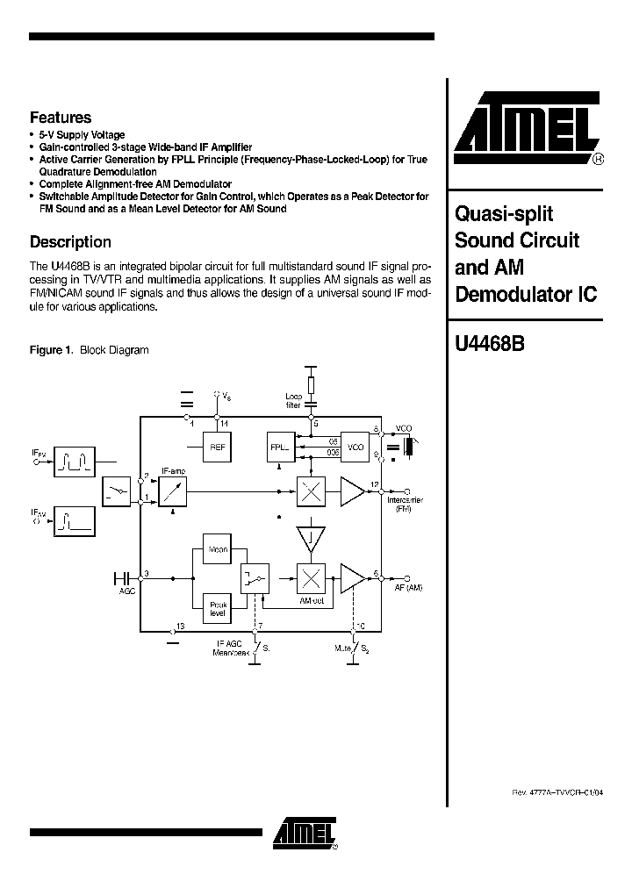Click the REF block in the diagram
(x=217, y=447)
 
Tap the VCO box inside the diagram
(x=355, y=447)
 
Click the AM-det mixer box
(x=310, y=577)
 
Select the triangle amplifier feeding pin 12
(x=352, y=492)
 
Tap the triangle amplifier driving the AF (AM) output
(x=352, y=577)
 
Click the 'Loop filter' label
(x=292, y=401)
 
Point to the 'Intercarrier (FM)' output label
(x=404, y=505)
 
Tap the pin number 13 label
(x=180, y=626)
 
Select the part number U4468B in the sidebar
(x=490, y=345)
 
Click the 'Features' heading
(x=61, y=117)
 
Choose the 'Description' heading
(x=70, y=242)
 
